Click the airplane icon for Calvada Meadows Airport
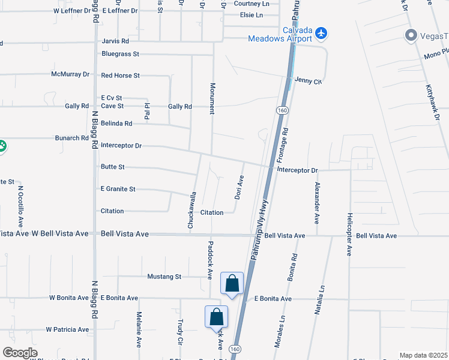(321, 32)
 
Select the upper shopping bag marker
(232, 284)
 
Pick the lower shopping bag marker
(216, 317)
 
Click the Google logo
(20, 352)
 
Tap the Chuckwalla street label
(193, 210)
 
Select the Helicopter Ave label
(349, 234)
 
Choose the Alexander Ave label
(317, 203)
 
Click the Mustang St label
(164, 277)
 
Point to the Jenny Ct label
(308, 81)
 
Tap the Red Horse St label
(120, 76)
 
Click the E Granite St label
(118, 189)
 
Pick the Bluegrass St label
(120, 54)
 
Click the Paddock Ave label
(210, 260)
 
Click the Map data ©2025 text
(423, 355)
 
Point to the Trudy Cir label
(180, 332)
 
